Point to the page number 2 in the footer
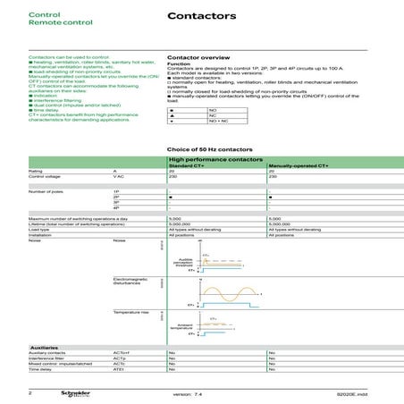pos(29,392)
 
